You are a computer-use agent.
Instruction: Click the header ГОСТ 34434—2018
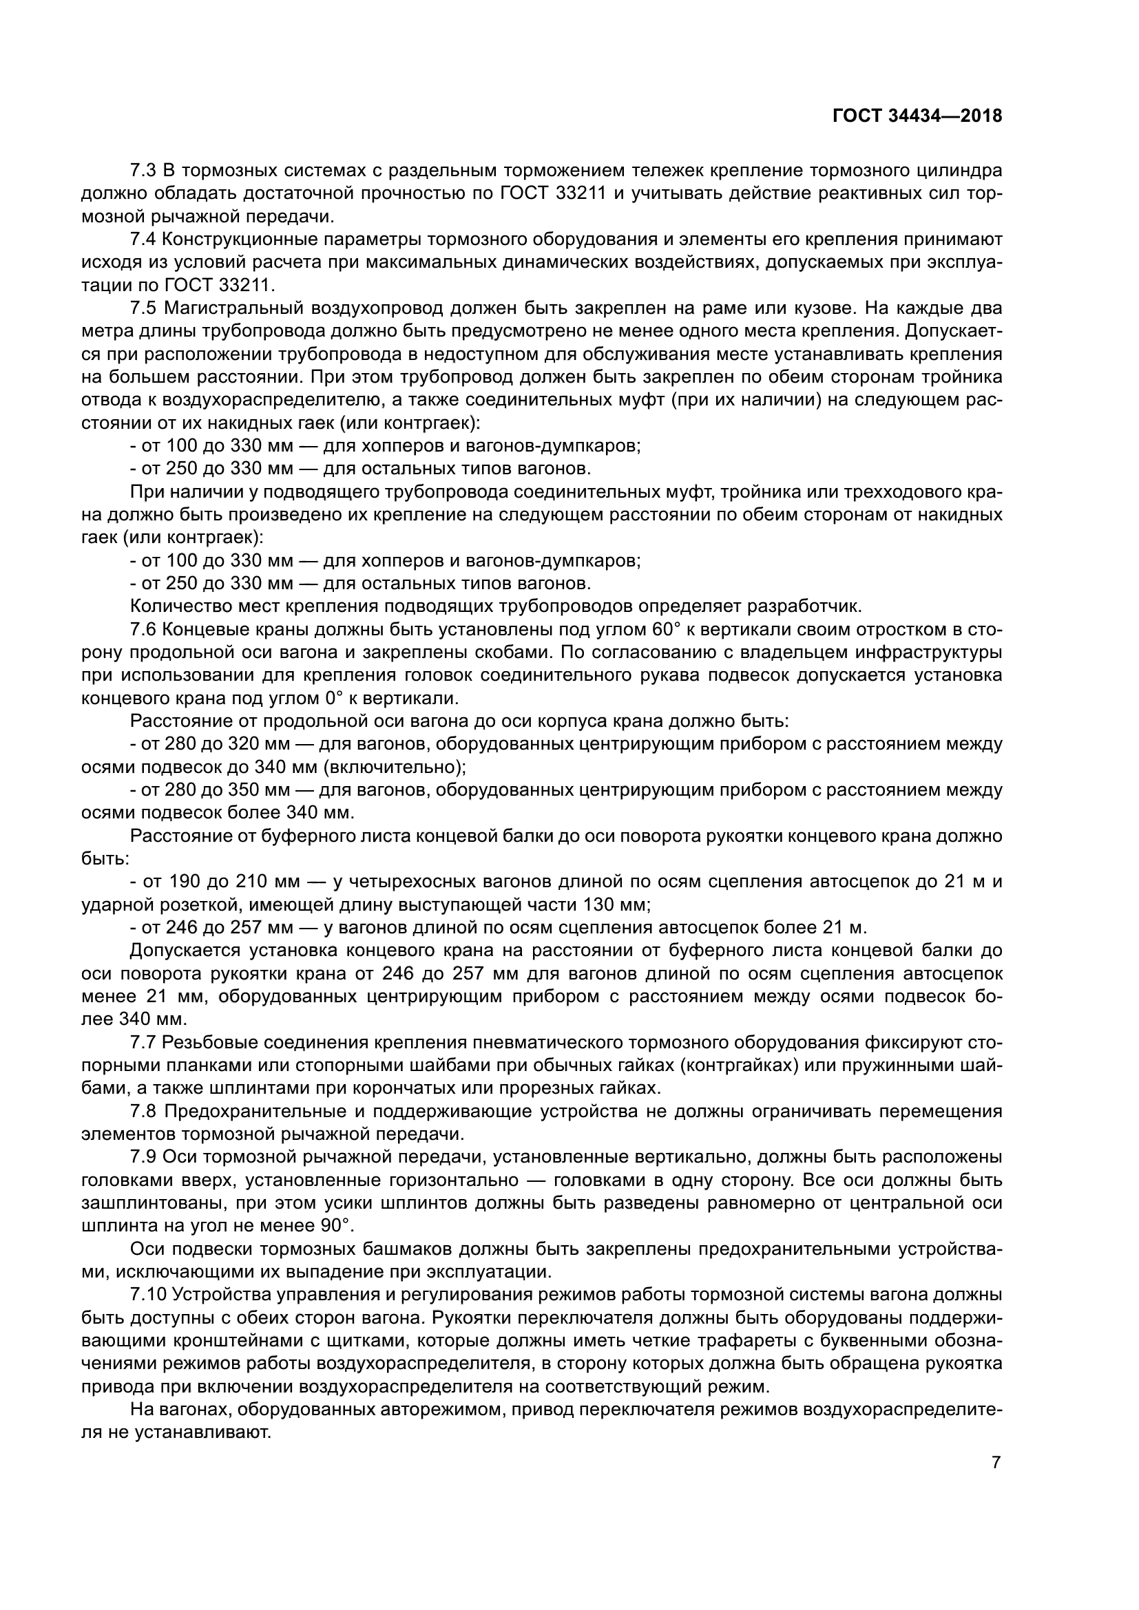click(x=917, y=116)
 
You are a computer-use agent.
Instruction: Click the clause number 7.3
click(x=145, y=171)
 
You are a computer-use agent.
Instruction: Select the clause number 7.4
click(x=145, y=239)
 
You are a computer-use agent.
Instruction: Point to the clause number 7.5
click(x=145, y=308)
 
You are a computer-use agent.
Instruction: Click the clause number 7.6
click(x=145, y=630)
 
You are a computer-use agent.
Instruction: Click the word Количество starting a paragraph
click(x=180, y=606)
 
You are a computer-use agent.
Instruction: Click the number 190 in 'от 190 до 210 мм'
click(x=181, y=882)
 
